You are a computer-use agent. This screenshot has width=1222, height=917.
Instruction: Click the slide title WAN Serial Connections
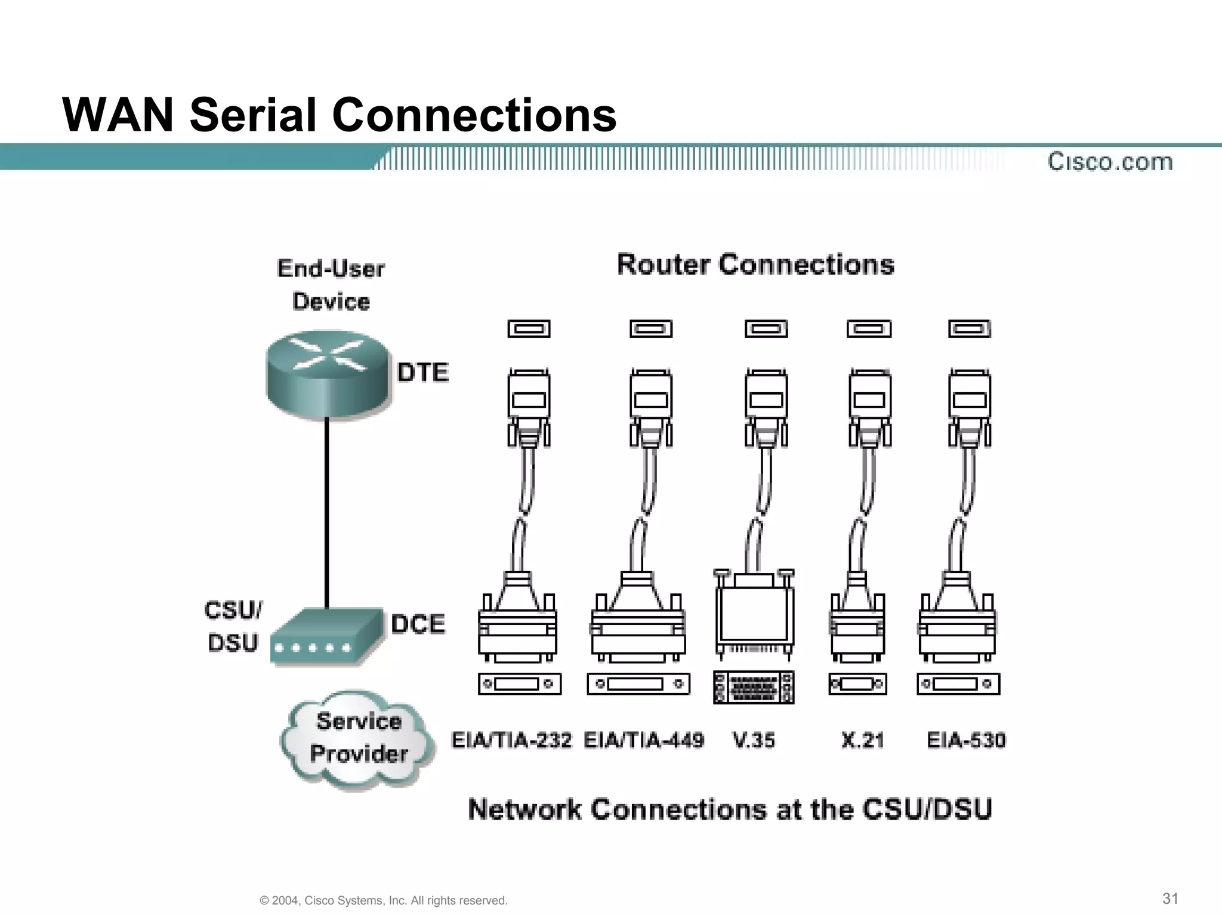[339, 115]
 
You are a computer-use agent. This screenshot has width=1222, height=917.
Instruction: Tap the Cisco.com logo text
[1110, 162]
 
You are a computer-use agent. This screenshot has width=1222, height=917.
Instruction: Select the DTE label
[422, 373]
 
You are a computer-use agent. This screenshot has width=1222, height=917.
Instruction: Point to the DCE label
[418, 624]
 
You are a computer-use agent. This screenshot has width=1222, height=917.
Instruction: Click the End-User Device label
[331, 285]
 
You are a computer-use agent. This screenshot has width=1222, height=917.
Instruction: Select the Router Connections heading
[755, 264]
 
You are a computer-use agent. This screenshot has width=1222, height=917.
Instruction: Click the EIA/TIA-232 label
[511, 740]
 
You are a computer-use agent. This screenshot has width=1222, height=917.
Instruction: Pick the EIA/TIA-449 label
[644, 740]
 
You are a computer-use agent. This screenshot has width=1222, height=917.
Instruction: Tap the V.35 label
[754, 740]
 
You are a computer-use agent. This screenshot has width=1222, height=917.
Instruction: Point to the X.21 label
[862, 740]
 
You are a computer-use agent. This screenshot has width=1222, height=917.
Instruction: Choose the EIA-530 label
[966, 740]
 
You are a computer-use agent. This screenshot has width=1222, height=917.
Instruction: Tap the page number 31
[1170, 898]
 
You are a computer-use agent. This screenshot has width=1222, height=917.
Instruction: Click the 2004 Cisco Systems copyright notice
[384, 900]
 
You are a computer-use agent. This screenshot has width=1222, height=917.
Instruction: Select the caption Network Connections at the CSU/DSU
[730, 810]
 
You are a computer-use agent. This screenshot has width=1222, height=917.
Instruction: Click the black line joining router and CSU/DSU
[327, 513]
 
